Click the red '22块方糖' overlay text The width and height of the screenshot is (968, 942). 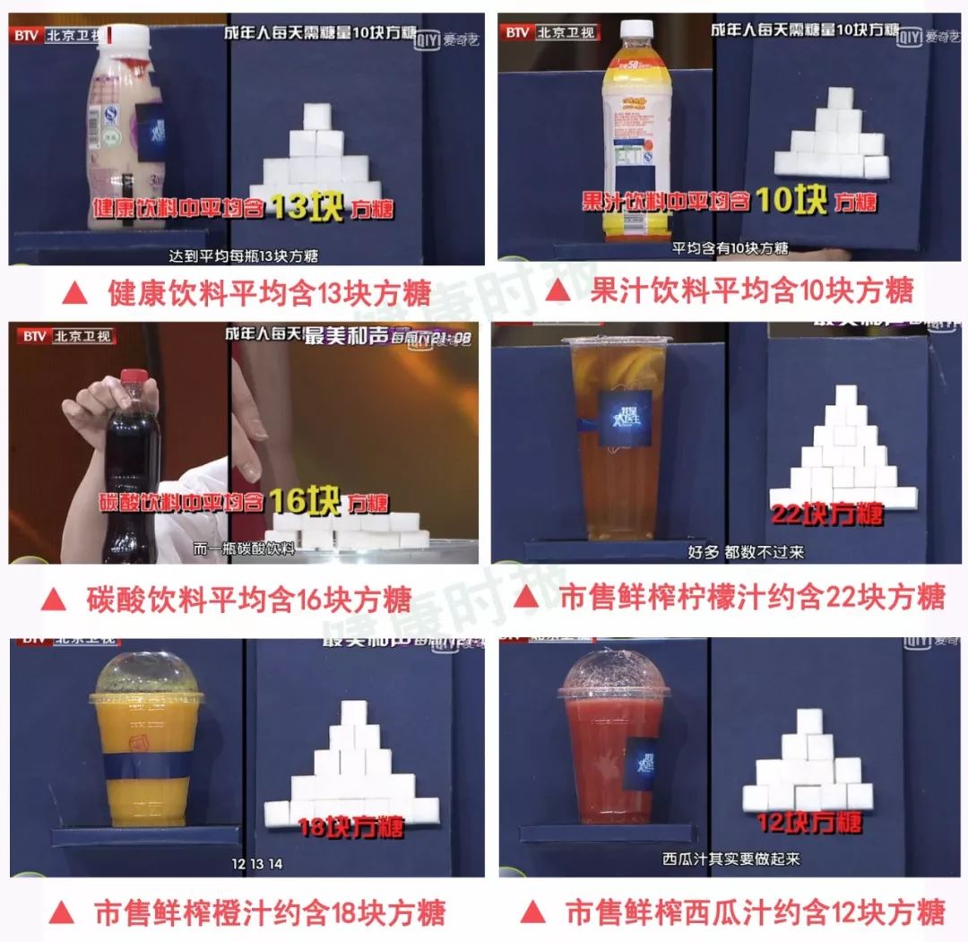pos(827,514)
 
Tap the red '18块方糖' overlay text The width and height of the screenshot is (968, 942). pos(351,825)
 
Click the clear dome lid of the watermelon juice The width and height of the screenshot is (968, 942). pos(613,673)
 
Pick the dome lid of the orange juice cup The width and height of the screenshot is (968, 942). pos(145,677)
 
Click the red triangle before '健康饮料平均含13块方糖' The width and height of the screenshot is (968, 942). pos(78,291)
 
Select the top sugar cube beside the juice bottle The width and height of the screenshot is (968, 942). pos(839,98)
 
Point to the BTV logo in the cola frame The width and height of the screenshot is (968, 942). pos(35,336)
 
